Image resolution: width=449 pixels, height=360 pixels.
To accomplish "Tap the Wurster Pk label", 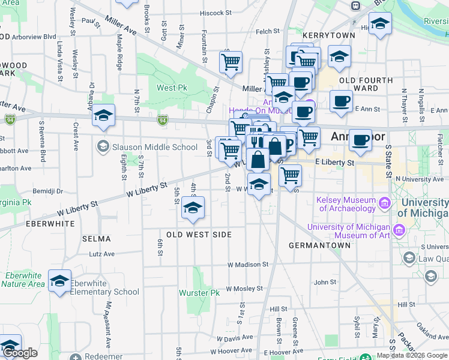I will click(199, 293).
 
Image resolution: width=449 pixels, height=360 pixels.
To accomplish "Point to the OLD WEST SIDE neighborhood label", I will click(199, 235).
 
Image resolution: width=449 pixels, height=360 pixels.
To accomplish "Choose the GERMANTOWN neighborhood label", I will click(319, 245).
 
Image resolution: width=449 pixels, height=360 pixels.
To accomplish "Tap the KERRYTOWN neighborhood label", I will click(329, 36).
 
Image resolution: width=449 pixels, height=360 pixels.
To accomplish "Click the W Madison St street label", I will click(247, 265).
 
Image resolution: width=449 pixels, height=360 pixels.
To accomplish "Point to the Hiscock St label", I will click(215, 13).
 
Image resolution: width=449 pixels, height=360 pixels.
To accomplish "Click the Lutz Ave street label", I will click(101, 254).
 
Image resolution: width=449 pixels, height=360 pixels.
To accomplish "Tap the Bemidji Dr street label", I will click(48, 191).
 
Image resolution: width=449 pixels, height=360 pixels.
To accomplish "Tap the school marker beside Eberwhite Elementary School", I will click(59, 281).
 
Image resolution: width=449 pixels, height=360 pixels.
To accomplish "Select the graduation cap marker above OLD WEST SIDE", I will click(193, 208).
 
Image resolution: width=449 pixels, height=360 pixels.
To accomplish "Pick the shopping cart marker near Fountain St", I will click(231, 62).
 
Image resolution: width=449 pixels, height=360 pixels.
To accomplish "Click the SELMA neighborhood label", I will click(97, 239).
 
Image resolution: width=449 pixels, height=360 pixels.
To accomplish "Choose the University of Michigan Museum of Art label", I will click(349, 231).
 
